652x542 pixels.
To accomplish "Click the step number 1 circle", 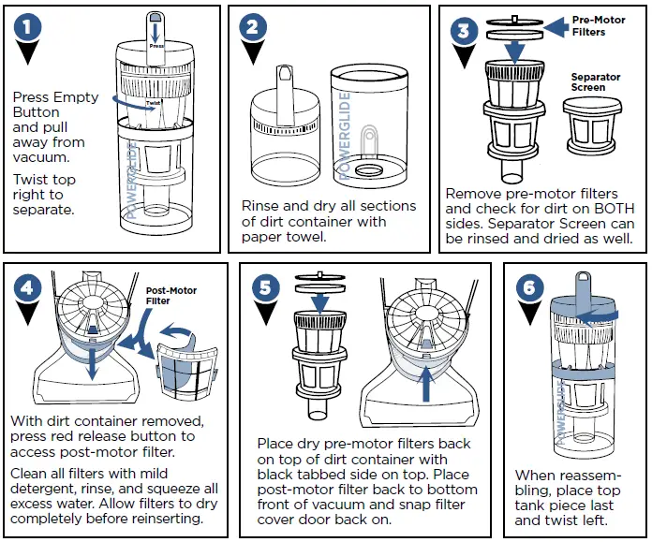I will click(x=31, y=29).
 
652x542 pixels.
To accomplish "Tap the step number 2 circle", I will click(x=250, y=28).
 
